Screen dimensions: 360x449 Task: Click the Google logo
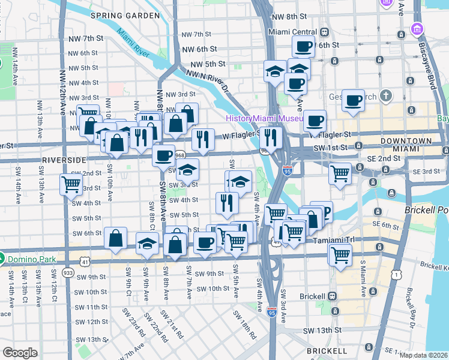pyautogui.click(x=20, y=352)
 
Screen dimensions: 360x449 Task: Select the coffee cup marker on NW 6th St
pyautogui.click(x=304, y=46)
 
